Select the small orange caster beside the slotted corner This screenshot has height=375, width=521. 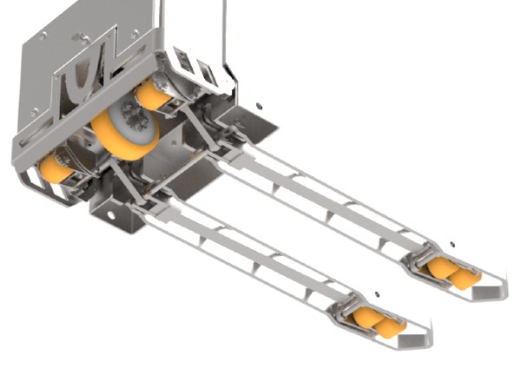pos(152,95)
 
